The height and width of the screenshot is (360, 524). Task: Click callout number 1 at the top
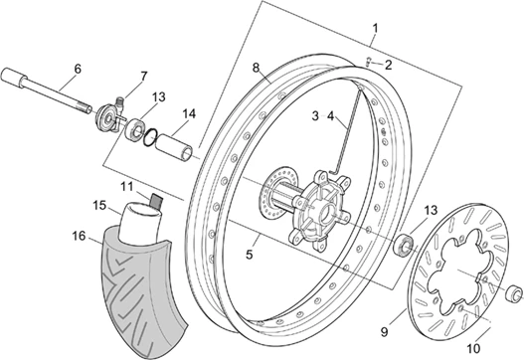pyautogui.click(x=375, y=26)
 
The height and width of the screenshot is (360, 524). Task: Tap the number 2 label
pyautogui.click(x=389, y=65)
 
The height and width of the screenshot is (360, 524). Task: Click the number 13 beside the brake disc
pyautogui.click(x=430, y=210)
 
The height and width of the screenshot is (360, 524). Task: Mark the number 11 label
pyautogui.click(x=126, y=186)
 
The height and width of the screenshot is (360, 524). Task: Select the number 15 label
pyautogui.click(x=99, y=205)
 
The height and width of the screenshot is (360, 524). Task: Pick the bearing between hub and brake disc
pyautogui.click(x=404, y=244)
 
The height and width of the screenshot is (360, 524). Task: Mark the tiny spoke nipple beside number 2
pyautogui.click(x=368, y=62)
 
